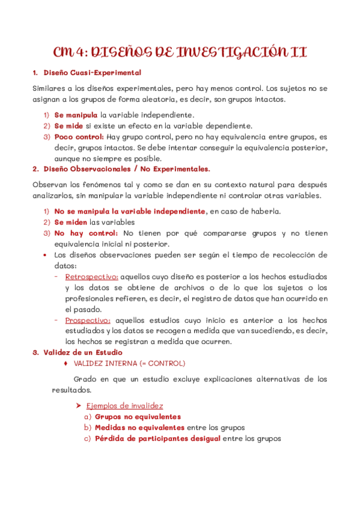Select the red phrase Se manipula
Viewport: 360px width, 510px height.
point(76,115)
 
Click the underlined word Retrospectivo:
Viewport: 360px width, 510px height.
point(91,277)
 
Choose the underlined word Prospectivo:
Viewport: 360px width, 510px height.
point(88,320)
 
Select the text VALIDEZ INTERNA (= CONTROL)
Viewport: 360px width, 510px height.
point(129,363)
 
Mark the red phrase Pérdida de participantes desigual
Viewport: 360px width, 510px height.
point(157,438)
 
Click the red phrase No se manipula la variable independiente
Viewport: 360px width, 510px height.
point(129,212)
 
